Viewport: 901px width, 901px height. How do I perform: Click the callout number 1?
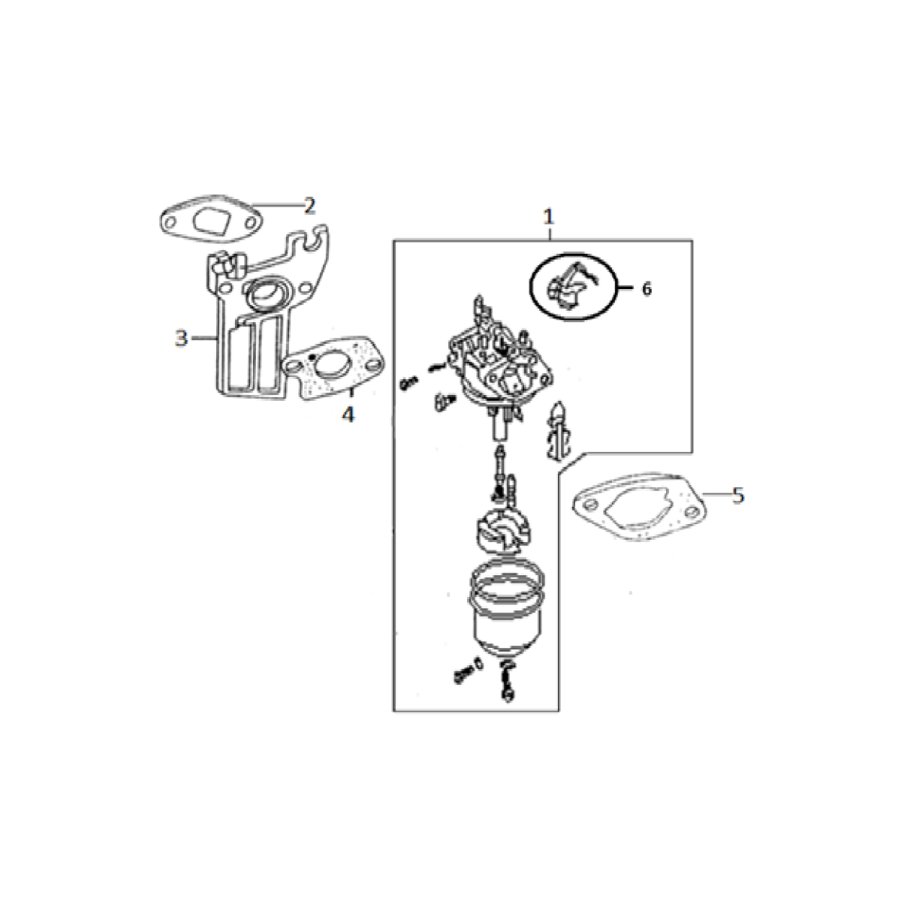[548, 218]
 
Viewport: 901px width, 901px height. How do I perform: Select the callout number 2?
[309, 206]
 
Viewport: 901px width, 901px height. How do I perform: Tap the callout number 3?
[182, 339]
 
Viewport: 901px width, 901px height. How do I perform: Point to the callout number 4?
[348, 414]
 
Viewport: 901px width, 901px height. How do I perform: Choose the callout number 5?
[738, 496]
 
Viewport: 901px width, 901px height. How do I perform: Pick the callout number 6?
[646, 289]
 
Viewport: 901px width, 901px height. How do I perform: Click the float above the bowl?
[503, 533]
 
